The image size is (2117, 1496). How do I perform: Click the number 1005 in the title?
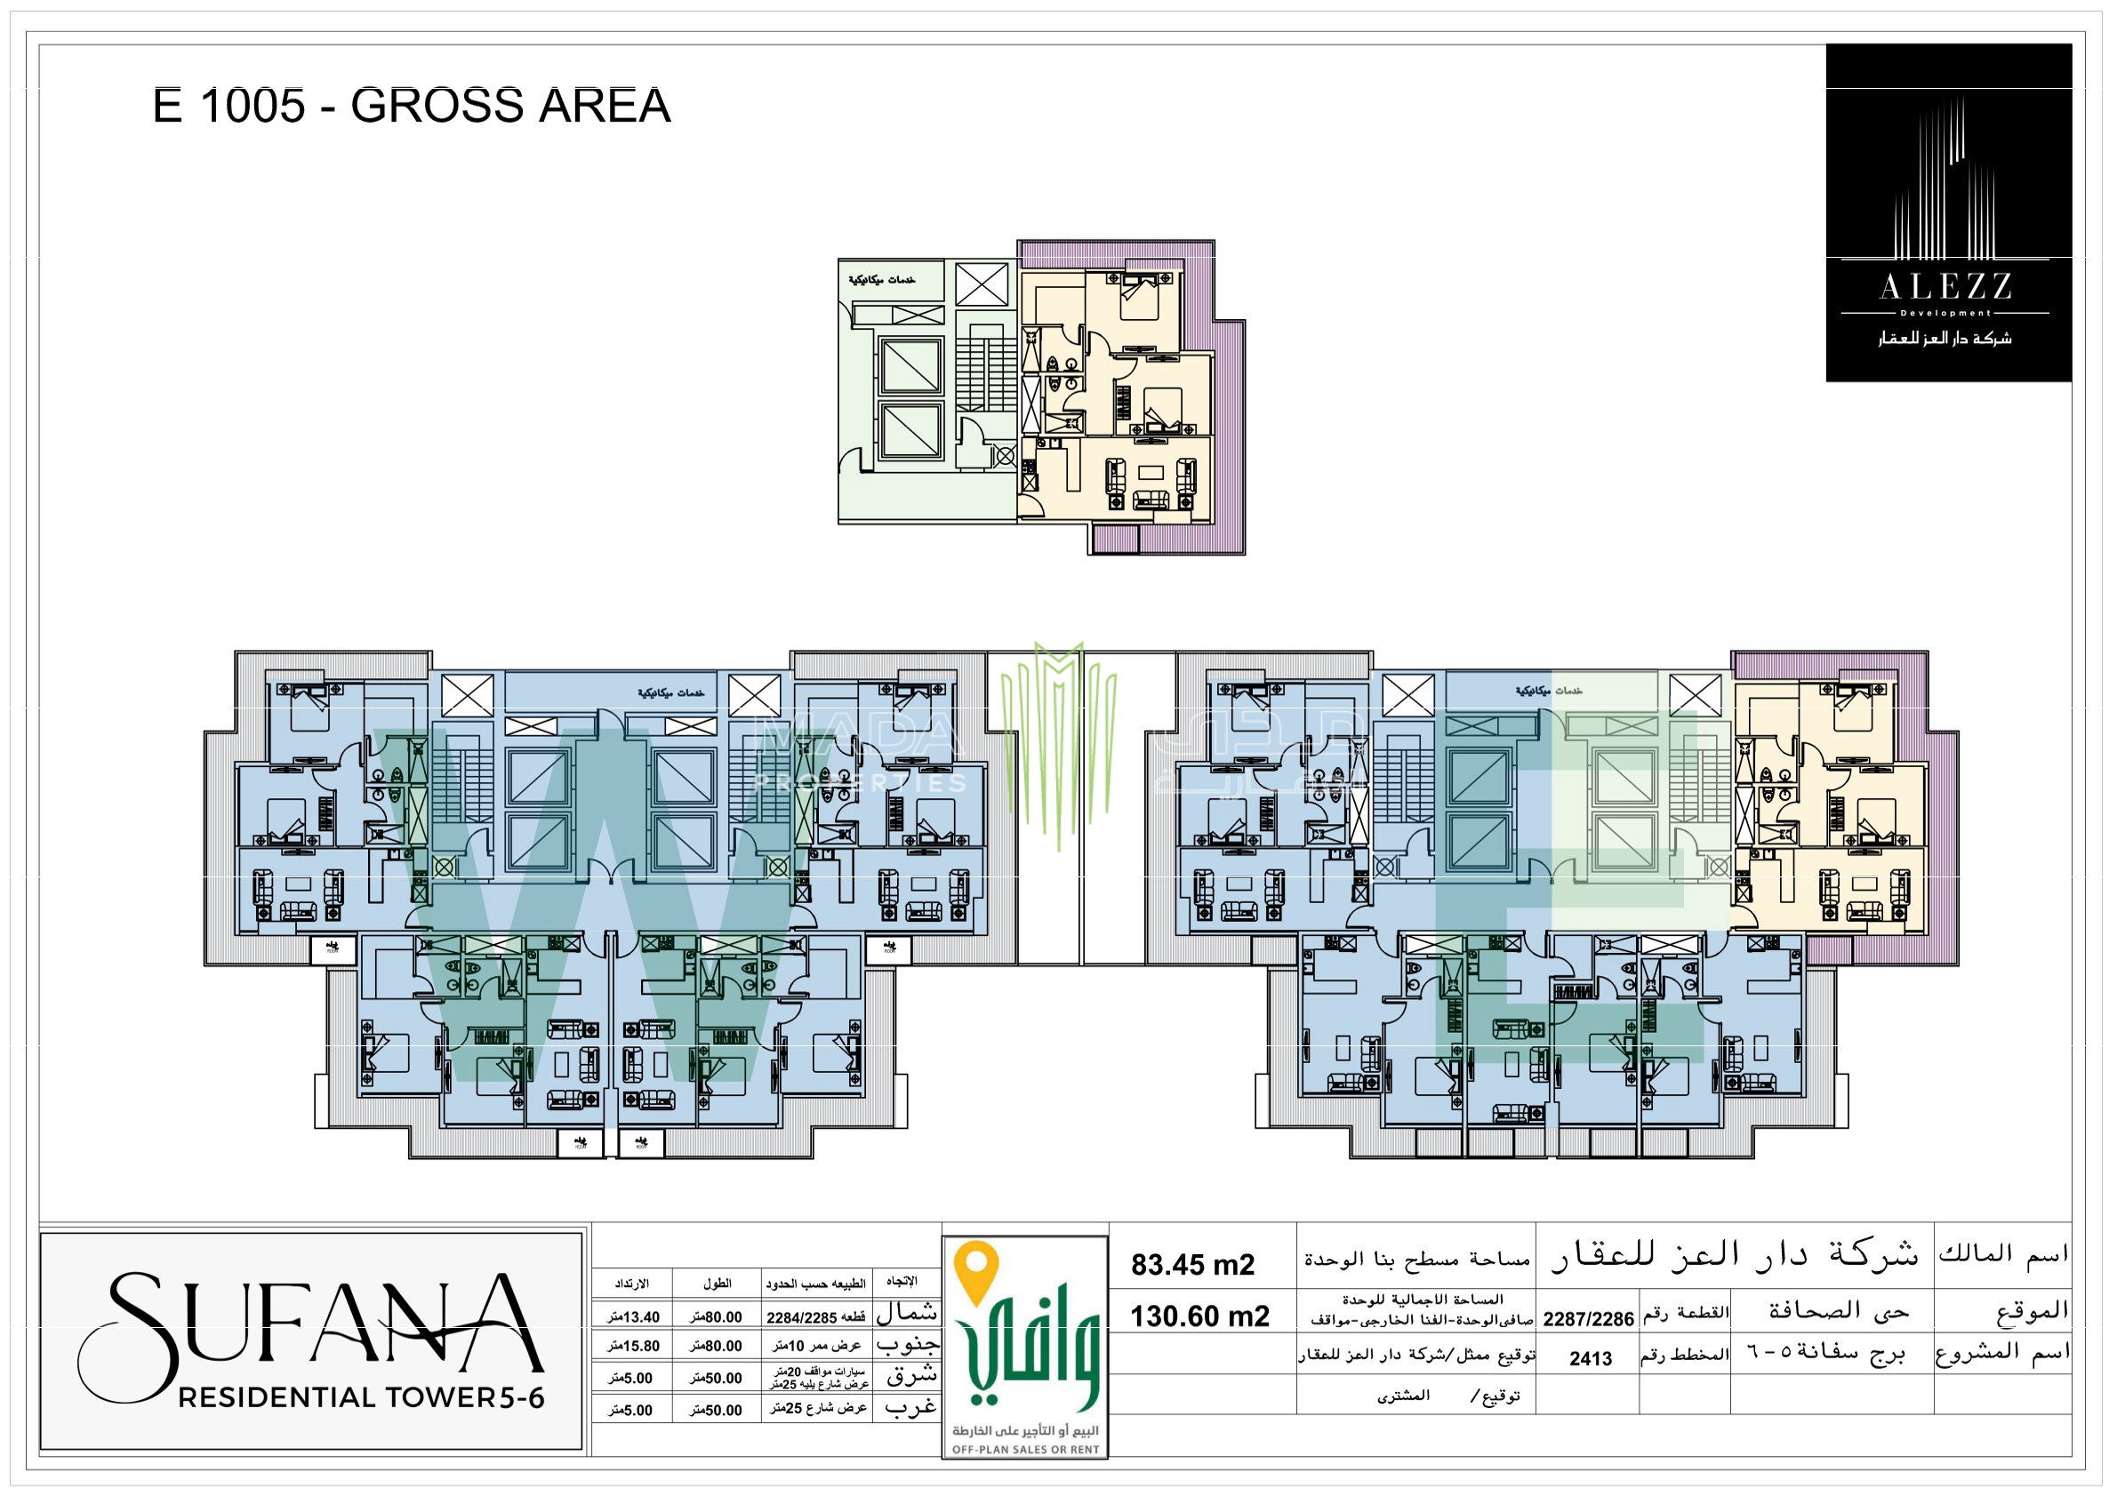pyautogui.click(x=252, y=105)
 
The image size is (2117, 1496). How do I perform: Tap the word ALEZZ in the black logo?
pyautogui.click(x=1945, y=286)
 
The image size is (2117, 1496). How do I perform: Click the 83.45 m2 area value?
pyautogui.click(x=1192, y=1265)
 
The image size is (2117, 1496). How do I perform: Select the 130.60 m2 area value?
pyautogui.click(x=1199, y=1316)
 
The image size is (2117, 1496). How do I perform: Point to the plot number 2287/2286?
pyautogui.click(x=1588, y=1319)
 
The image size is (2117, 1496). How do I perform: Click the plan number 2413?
pyautogui.click(x=1591, y=1357)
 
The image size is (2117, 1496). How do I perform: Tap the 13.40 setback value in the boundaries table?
pyautogui.click(x=634, y=1317)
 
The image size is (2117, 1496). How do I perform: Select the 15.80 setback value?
pyautogui.click(x=634, y=1346)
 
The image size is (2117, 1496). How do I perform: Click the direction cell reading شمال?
pyautogui.click(x=906, y=1313)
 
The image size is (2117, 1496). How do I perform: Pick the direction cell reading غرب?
pyautogui.click(x=910, y=1407)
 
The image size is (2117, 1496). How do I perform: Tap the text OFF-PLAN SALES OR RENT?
pyautogui.click(x=1025, y=1450)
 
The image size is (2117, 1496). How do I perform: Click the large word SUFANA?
pyautogui.click(x=314, y=1327)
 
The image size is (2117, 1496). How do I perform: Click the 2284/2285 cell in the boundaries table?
pyautogui.click(x=815, y=1318)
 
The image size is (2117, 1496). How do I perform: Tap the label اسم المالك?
pyautogui.click(x=2002, y=1253)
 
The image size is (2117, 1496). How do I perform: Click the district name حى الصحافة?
pyautogui.click(x=1839, y=1311)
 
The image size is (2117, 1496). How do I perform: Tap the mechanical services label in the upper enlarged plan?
pyautogui.click(x=882, y=280)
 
